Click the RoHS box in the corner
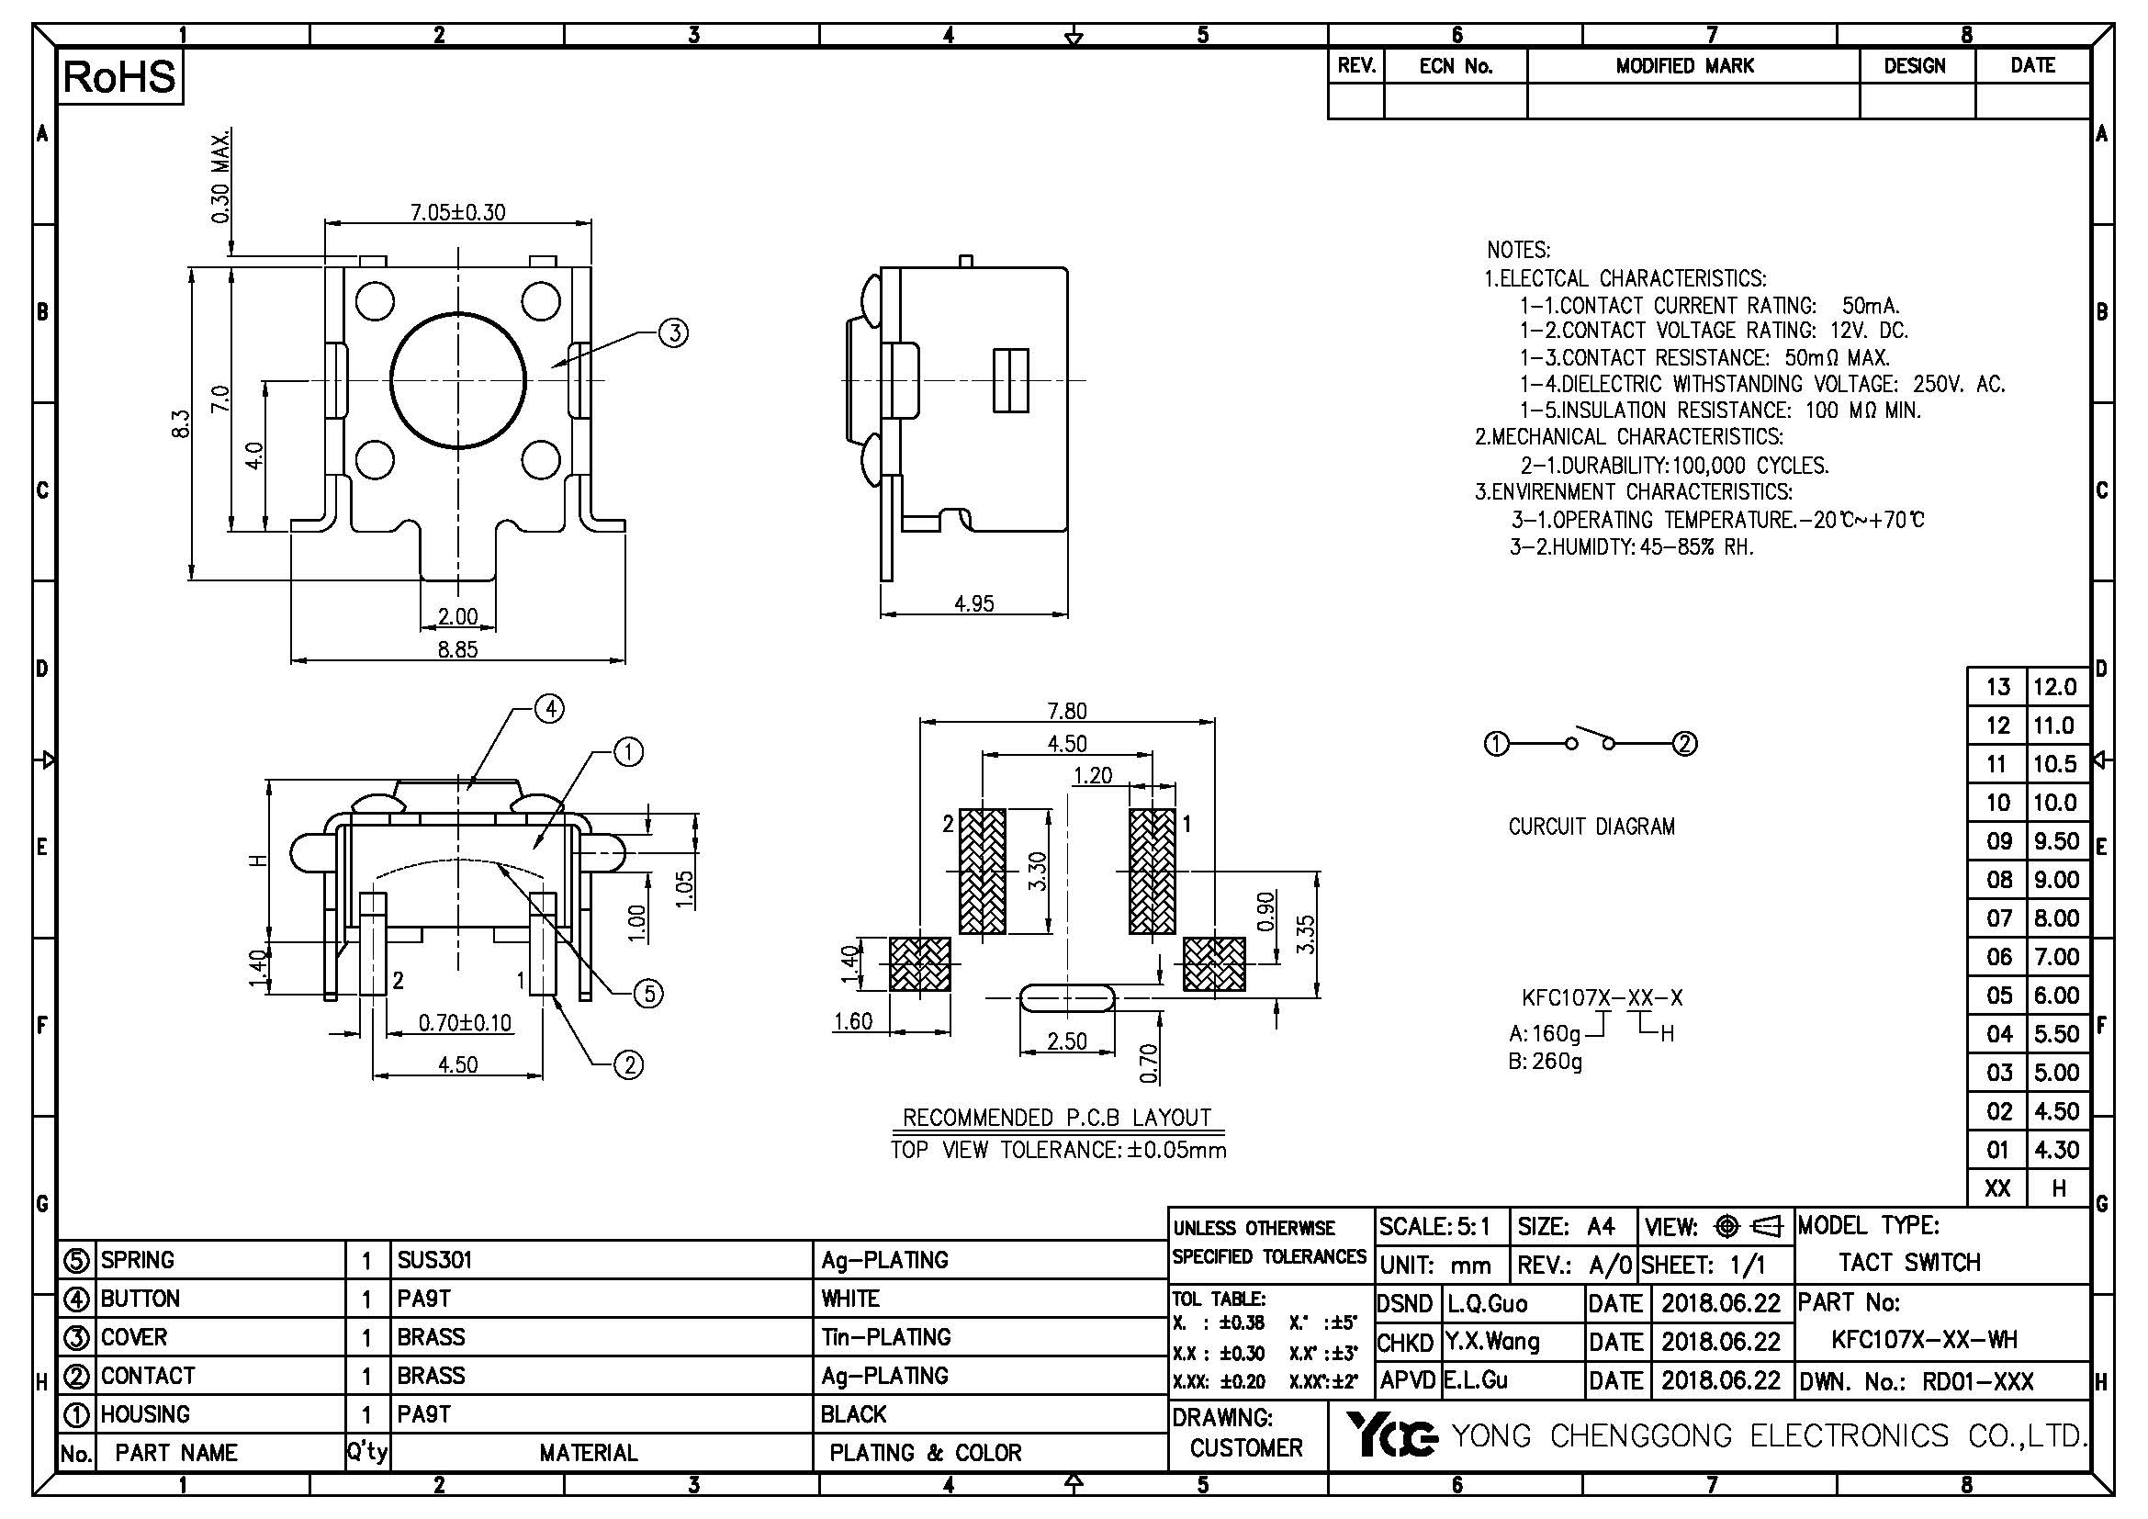coord(119,78)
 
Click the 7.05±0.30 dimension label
coord(457,212)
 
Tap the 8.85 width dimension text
coord(457,649)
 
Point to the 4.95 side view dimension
coord(973,604)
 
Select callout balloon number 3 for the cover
coord(673,333)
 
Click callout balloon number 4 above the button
coord(549,709)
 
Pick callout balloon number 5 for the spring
coord(648,994)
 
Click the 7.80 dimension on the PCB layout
coord(1066,711)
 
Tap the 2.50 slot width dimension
coord(1066,1041)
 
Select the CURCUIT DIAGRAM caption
coord(1591,827)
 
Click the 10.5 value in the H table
coord(2054,764)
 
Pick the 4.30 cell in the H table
coord(2054,1150)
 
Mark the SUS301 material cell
coord(435,1260)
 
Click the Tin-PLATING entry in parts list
coord(885,1337)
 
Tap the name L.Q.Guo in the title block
coord(1488,1303)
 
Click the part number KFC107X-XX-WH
coord(1925,1339)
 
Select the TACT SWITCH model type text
coord(1909,1263)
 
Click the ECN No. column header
coord(1456,66)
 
